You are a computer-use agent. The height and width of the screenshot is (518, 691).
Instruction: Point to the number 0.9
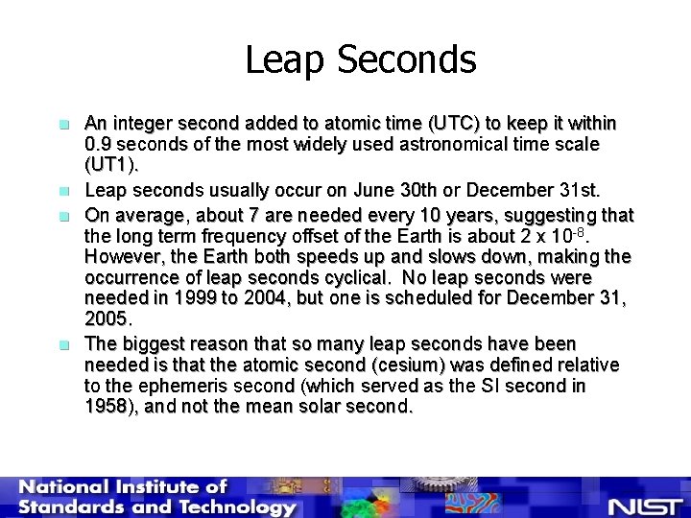tap(100, 144)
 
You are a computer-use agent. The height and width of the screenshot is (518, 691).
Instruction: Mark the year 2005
tap(106, 318)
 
